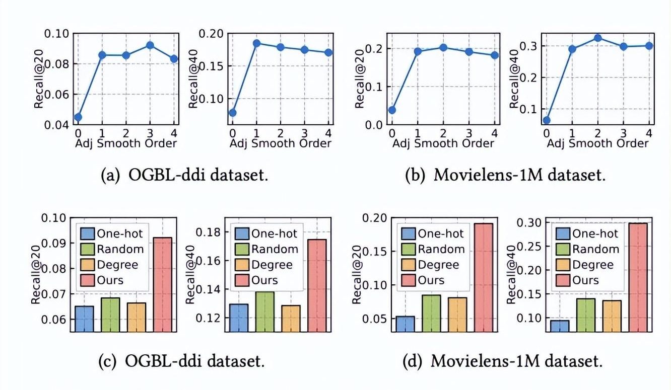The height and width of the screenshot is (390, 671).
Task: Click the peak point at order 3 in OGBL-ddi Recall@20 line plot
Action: click(149, 45)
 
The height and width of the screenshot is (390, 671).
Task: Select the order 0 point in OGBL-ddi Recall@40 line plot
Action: click(233, 112)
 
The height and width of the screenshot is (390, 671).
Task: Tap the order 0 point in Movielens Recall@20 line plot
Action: click(392, 110)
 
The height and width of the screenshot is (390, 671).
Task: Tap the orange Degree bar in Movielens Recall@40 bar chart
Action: click(612, 316)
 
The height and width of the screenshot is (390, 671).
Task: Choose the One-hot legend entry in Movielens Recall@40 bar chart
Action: click(587, 233)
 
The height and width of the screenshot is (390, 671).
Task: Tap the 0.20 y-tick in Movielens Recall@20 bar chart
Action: click(376, 218)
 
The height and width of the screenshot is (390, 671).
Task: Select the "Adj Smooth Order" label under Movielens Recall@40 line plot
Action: click(598, 143)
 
